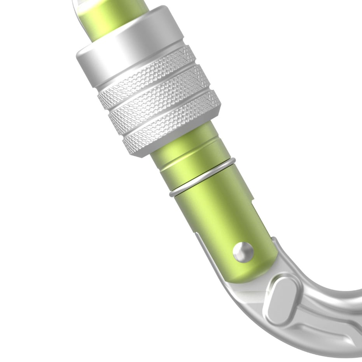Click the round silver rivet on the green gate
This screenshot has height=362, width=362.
click(x=243, y=252)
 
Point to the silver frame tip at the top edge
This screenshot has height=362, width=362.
click(x=78, y=4)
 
